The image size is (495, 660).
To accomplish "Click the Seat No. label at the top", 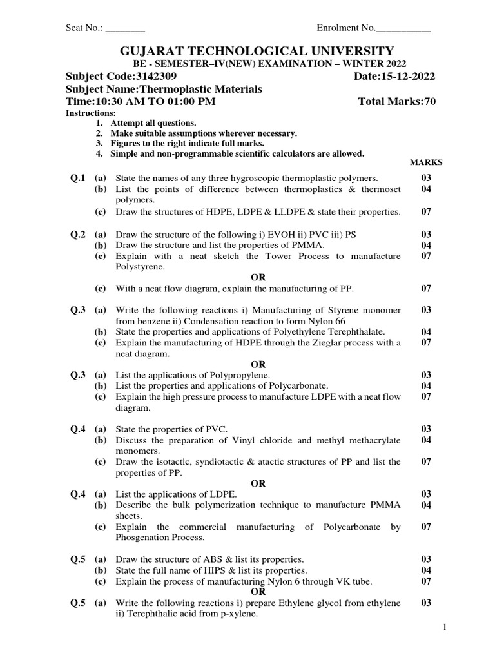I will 84,28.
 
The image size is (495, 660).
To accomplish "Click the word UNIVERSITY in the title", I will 342,51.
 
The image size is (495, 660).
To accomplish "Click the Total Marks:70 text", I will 396,102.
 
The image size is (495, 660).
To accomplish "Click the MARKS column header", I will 426,162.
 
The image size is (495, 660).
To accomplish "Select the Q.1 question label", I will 78,178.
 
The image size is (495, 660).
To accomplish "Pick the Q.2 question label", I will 78,235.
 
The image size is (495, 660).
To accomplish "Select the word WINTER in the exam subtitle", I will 349,64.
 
